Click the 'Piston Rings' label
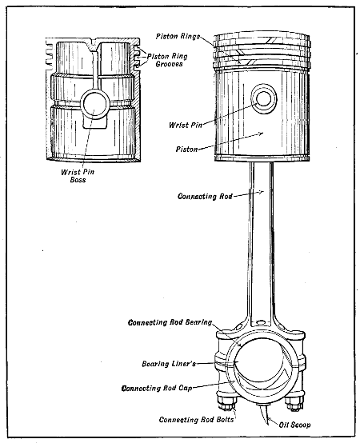pos(180,38)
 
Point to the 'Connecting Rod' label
pos(202,195)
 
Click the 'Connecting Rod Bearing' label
pos(170,322)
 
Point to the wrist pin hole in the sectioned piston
pos(95,105)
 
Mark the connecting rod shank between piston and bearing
pos(261,240)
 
